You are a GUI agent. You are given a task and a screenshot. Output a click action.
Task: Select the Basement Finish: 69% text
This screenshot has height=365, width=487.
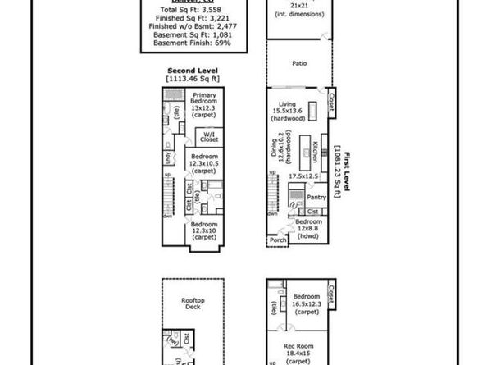[x=191, y=42]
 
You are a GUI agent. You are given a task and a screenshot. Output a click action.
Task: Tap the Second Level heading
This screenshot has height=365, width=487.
[x=191, y=71]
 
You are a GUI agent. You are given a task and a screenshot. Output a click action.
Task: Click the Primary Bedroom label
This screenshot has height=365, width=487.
[x=205, y=103]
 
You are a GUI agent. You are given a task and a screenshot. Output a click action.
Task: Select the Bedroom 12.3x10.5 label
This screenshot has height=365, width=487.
[x=205, y=162]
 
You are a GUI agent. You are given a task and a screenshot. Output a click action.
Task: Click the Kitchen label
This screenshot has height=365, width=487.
[x=315, y=152]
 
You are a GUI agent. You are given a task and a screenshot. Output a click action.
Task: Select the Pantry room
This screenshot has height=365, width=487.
[x=316, y=197]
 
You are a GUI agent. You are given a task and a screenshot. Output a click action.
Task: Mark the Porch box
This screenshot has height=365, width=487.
[x=276, y=241]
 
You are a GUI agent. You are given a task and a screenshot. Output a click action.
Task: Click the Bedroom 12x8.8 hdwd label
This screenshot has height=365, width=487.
[x=308, y=228]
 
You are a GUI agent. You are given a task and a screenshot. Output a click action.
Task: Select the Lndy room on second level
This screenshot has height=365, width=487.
[x=168, y=156]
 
